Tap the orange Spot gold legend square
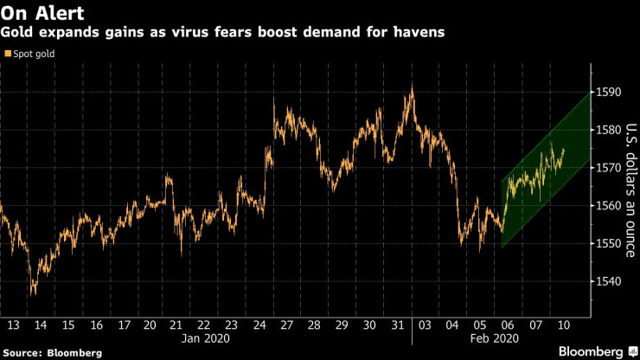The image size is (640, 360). pos(8,55)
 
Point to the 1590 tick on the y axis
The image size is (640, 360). pos(606,93)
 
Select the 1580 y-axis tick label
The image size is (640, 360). pos(606,130)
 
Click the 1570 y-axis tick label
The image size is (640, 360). pos(606,168)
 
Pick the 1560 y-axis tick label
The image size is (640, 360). pos(606,206)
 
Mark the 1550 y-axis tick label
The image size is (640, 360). pos(606,243)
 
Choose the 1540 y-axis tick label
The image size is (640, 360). pos(606,281)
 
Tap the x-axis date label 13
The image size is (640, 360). pos(13,325)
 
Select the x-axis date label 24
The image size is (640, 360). pos(259,325)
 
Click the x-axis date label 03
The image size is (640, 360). pos(425,325)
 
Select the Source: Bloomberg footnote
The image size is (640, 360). pos(51,353)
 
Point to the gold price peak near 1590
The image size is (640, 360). pos(412,87)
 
